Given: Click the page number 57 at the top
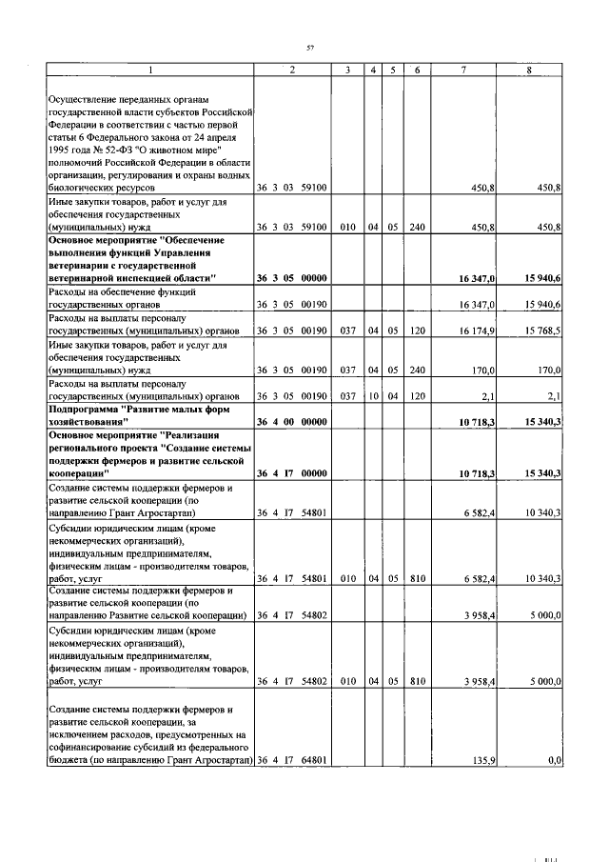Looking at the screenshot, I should (x=309, y=48).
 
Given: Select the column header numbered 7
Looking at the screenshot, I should (x=463, y=70).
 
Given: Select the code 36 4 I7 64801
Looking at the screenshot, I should (x=292, y=760).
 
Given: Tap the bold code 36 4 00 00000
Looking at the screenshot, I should (x=292, y=420).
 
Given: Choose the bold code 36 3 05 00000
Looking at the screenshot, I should (x=292, y=277).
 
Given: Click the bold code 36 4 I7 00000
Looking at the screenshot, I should (x=292, y=473).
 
